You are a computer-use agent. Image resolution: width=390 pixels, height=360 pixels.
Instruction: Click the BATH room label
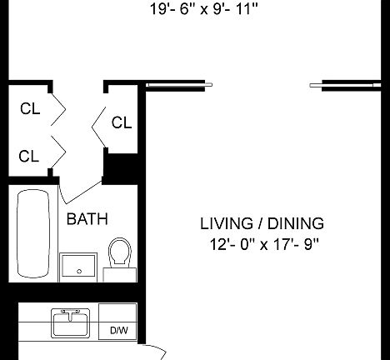coord(87,219)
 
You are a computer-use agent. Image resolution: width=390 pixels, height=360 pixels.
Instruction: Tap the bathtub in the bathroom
coord(33,233)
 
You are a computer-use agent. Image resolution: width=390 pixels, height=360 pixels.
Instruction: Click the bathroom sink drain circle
coord(79,272)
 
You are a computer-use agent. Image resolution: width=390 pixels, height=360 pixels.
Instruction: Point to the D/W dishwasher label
coord(119,331)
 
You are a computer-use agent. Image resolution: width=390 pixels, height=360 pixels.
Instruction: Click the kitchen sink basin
coord(71,324)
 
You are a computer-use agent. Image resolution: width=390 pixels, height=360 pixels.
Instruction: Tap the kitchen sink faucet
coord(71,314)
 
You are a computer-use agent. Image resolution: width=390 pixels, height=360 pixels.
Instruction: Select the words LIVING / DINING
coord(262,223)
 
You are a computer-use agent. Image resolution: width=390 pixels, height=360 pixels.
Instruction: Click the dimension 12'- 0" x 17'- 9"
coord(264,245)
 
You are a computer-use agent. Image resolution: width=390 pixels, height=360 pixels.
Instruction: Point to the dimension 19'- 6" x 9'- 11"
coord(204,9)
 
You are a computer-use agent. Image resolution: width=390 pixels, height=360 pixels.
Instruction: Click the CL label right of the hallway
coord(122,122)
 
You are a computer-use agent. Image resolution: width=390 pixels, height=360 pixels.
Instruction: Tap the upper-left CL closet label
coord(30,108)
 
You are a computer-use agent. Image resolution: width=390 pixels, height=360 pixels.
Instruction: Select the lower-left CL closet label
coord(29,156)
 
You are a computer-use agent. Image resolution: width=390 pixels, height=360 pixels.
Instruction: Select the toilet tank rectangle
coord(120,275)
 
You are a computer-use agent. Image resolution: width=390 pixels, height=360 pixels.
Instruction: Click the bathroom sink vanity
coord(78,267)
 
